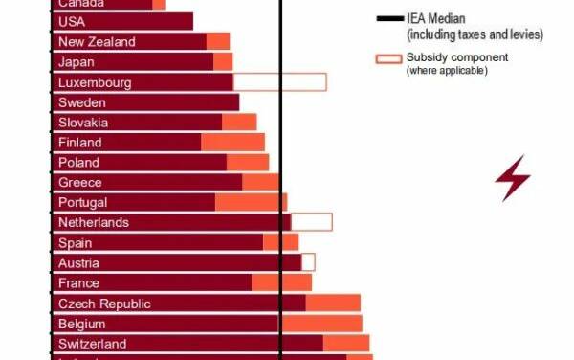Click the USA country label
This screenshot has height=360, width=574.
(72, 22)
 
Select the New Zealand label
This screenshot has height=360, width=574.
(97, 42)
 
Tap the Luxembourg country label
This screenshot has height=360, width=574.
(94, 82)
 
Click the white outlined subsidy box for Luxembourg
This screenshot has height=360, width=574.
(279, 82)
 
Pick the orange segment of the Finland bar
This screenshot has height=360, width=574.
(232, 143)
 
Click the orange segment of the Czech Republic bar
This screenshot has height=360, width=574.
(333, 304)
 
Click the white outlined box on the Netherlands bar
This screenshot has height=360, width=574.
(311, 222)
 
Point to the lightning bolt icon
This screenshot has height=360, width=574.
(513, 178)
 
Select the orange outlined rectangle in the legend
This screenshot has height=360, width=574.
(389, 59)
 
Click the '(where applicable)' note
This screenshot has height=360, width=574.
(448, 71)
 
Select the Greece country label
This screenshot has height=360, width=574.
(79, 183)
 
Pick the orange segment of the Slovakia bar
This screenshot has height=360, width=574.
(239, 123)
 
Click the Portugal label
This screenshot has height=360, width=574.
(82, 203)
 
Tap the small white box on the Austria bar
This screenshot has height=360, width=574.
(308, 262)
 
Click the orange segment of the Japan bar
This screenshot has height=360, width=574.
(223, 62)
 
